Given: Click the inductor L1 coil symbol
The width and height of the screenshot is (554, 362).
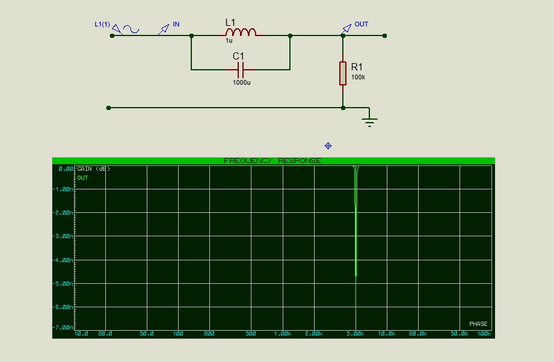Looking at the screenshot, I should pyautogui.click(x=241, y=32).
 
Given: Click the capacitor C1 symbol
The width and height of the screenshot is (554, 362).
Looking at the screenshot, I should pyautogui.click(x=240, y=70).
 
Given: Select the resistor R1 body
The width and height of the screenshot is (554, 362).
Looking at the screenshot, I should pyautogui.click(x=343, y=72).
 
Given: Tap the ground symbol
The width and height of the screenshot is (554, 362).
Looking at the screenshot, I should pyautogui.click(x=369, y=122).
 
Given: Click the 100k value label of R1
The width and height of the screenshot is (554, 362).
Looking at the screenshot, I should pyautogui.click(x=358, y=78).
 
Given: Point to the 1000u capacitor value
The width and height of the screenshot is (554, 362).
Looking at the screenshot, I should pyautogui.click(x=241, y=82).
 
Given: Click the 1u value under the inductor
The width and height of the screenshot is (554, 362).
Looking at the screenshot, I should pyautogui.click(x=229, y=41).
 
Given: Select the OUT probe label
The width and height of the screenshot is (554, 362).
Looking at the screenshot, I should pyautogui.click(x=361, y=24).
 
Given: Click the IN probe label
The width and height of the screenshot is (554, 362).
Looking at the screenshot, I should pyautogui.click(x=176, y=24).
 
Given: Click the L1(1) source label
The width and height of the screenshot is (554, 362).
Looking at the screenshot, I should pyautogui.click(x=102, y=24).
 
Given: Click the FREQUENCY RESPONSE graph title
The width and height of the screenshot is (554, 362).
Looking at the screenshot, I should pyautogui.click(x=272, y=161).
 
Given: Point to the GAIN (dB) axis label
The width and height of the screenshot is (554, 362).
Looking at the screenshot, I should pyautogui.click(x=93, y=169).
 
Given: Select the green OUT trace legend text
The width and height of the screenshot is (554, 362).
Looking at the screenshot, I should pyautogui.click(x=82, y=178).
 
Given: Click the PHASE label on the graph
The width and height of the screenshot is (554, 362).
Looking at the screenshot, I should pyautogui.click(x=478, y=324).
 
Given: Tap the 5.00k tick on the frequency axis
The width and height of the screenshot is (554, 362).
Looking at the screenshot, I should pyautogui.click(x=355, y=333).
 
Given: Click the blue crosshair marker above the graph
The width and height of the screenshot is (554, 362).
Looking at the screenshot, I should pyautogui.click(x=328, y=146).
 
